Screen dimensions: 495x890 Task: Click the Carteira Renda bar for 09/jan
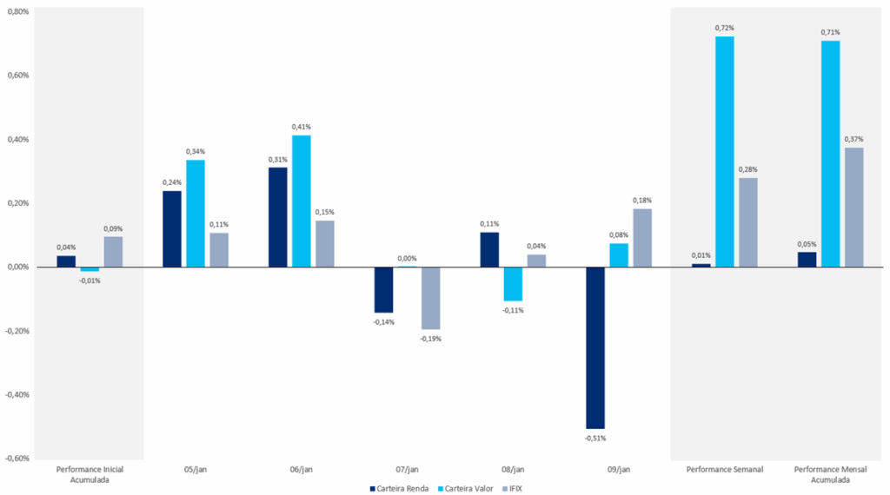pos(595,347)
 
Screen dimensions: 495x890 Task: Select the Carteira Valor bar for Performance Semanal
pos(724,151)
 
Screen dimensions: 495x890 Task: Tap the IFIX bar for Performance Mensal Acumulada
pos(854,208)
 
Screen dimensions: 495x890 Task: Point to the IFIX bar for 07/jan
pos(430,298)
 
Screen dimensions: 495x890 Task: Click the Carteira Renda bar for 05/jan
pos(172,228)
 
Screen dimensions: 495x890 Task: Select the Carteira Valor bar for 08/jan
pos(513,284)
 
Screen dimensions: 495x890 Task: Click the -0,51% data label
pos(595,438)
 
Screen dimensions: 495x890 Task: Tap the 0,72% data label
pos(724,28)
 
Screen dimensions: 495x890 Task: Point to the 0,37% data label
pos(854,140)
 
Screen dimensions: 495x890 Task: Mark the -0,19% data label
pos(430,338)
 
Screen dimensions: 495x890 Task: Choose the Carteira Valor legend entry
pos(465,488)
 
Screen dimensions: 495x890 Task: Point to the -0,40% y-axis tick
pos(17,394)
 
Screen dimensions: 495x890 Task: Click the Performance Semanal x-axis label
pos(724,470)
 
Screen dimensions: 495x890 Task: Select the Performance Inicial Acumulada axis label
pos(90,474)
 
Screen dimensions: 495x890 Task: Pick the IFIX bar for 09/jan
pos(641,238)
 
